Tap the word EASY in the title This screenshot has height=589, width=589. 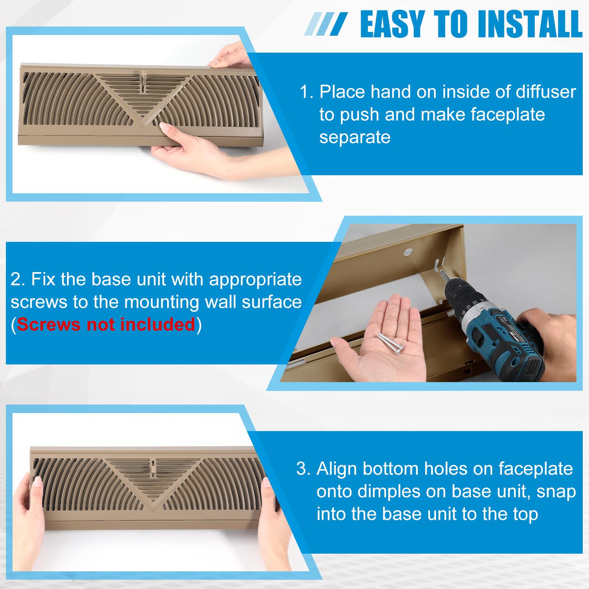coord(392,24)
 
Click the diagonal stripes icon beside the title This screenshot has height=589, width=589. coord(325,24)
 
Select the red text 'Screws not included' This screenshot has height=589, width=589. coord(106,325)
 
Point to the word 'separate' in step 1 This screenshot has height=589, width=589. coord(355,137)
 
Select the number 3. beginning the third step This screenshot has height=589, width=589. coord(304,469)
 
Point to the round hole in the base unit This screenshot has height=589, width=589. coord(408,252)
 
